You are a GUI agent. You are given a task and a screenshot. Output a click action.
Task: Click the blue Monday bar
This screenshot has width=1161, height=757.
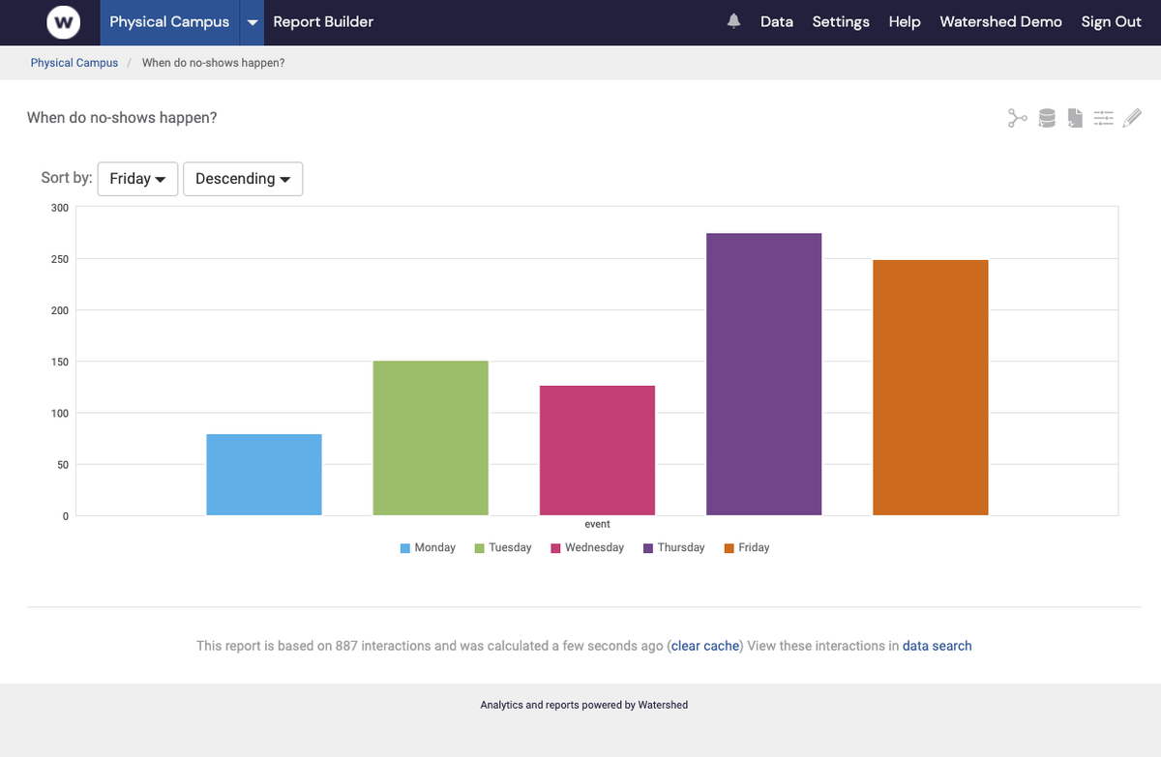[x=263, y=475]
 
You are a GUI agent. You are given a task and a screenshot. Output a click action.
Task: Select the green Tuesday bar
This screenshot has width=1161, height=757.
[x=431, y=438]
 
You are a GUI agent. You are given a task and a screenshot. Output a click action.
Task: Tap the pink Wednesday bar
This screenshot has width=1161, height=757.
[x=597, y=451]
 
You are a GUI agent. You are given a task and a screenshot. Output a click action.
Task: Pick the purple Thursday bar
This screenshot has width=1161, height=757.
[x=763, y=374]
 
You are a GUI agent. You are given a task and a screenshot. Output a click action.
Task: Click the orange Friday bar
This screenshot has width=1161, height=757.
[x=930, y=387]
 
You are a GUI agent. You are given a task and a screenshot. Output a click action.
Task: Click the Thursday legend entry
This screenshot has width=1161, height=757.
[x=673, y=547]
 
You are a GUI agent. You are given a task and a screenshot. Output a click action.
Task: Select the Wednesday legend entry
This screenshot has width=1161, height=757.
[x=587, y=547]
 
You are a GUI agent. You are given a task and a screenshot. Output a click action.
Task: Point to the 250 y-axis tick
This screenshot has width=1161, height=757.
[x=60, y=259]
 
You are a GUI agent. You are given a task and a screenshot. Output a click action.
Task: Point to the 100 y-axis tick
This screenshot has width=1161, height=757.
[x=60, y=413]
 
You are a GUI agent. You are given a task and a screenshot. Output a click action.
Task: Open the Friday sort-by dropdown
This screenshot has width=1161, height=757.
[x=137, y=179]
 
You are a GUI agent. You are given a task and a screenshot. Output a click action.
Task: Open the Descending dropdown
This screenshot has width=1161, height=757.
[x=242, y=179]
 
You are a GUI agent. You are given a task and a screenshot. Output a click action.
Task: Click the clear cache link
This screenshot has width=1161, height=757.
[x=704, y=646]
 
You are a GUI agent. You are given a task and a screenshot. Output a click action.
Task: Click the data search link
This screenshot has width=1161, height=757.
[x=937, y=646]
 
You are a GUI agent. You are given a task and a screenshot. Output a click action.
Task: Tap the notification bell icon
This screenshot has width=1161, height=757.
[x=734, y=21]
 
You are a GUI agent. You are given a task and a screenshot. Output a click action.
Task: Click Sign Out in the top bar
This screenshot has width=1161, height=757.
[x=1111, y=21]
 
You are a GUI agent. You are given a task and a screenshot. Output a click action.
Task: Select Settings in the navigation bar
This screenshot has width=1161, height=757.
[x=840, y=21]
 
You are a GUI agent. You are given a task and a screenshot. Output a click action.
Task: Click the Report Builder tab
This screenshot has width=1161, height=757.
[x=323, y=21]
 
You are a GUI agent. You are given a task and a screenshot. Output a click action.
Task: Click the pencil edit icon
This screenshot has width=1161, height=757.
[x=1132, y=118]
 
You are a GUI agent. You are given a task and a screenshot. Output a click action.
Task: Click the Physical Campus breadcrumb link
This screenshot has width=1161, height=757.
[x=74, y=63]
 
